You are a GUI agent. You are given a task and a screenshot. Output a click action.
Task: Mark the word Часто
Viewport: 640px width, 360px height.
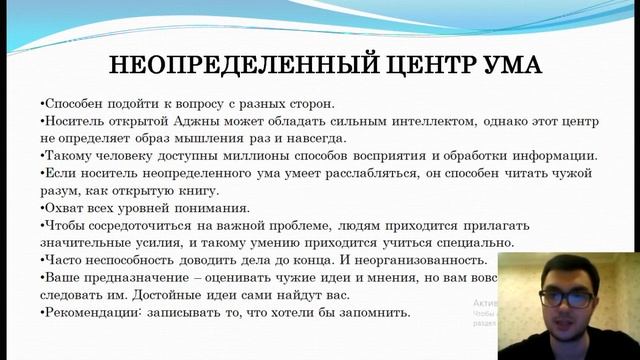point(62,260)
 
